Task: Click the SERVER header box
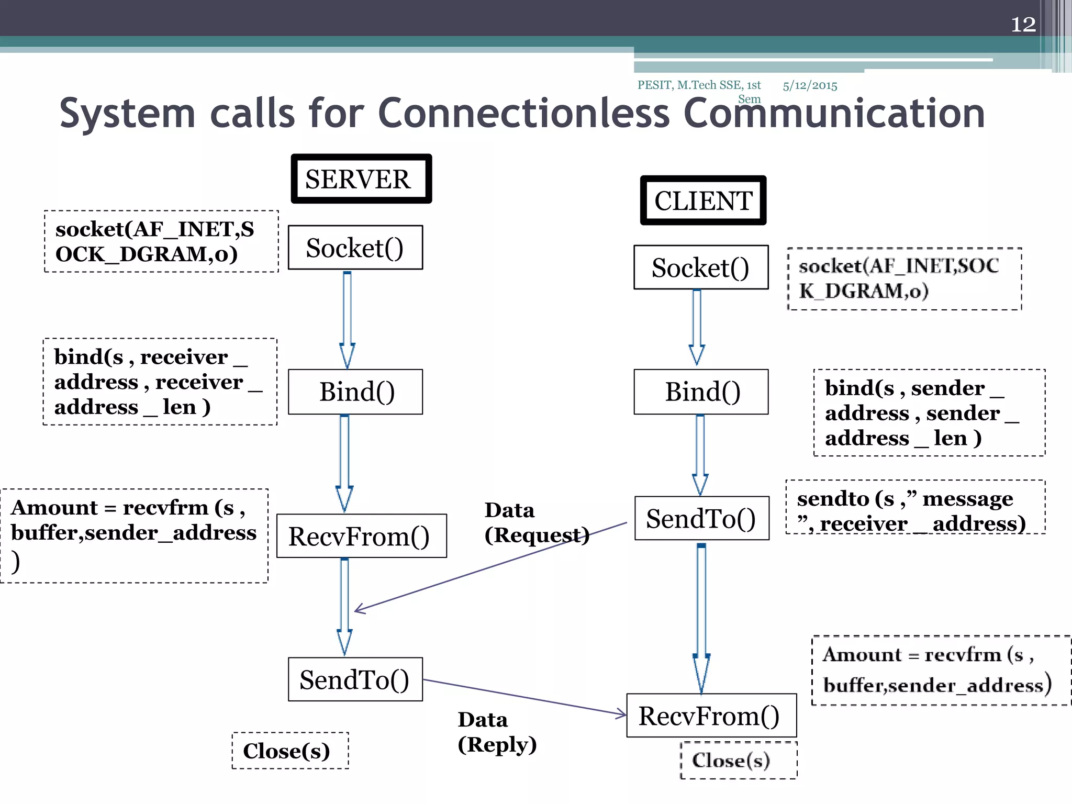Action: [361, 179]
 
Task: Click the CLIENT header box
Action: [703, 200]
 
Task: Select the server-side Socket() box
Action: [355, 248]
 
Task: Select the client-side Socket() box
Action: [701, 267]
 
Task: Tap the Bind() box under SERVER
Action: [355, 392]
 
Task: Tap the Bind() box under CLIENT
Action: [701, 392]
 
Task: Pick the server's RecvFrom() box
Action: [361, 536]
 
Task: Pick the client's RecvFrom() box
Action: [711, 716]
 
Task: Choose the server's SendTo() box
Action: [355, 679]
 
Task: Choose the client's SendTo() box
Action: [701, 518]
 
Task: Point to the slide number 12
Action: [1023, 25]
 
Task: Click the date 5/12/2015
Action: [810, 86]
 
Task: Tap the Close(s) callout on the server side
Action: [290, 751]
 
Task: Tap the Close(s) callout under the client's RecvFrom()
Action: [738, 760]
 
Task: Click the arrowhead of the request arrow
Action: [358, 609]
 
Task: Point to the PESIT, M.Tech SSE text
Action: [699, 85]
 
